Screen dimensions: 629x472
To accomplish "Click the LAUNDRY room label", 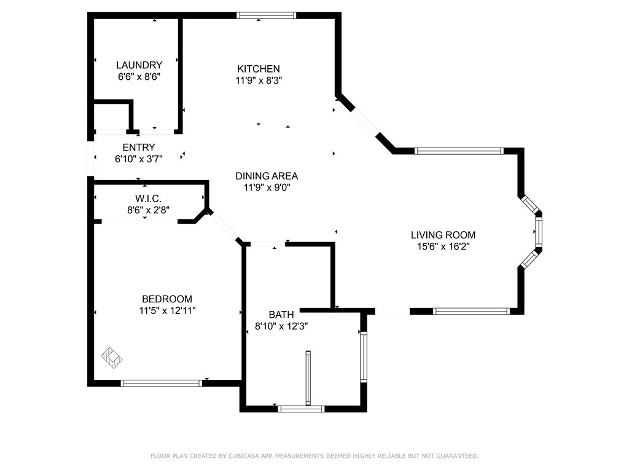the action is pos(139,65).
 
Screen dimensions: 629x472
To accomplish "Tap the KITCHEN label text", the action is pos(259,69).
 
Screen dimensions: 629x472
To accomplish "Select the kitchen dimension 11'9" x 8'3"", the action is pos(259,81).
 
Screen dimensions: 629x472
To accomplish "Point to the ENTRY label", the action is pos(139,147).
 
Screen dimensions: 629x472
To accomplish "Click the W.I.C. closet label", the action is pos(149,199).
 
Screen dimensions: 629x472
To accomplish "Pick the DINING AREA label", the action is pos(267,176).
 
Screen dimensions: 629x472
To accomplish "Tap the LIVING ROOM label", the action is pos(443,235).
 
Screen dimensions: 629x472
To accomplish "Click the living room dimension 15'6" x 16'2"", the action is pos(443,246).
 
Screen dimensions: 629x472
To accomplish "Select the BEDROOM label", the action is pos(167,299).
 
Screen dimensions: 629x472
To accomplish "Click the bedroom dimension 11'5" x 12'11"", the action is pos(167,310).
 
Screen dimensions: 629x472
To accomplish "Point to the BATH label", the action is pos(281,315).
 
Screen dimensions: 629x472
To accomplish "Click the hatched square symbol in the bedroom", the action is pos(112,358).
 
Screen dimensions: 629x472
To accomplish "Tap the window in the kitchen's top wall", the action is pos(267,15).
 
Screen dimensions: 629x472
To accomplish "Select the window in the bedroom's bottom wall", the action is pos(162,383).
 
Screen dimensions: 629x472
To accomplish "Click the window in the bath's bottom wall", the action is pos(301,409).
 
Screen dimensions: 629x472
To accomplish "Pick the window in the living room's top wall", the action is pos(459,151).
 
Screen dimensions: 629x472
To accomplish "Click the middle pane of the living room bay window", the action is pos(539,232).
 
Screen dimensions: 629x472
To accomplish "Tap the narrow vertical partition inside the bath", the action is pos(308,378).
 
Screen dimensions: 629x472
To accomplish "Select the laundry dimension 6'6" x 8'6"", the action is pos(139,77).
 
